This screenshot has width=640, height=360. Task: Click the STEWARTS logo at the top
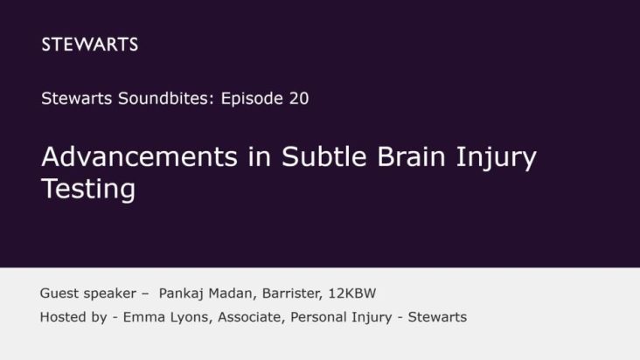pos(89,45)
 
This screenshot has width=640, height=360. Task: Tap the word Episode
pos(245,99)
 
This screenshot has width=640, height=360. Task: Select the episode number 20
pos(297,99)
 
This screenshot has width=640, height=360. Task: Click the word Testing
pos(87,189)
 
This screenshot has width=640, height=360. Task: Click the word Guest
pos(59,294)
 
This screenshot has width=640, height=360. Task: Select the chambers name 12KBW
pos(358,294)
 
